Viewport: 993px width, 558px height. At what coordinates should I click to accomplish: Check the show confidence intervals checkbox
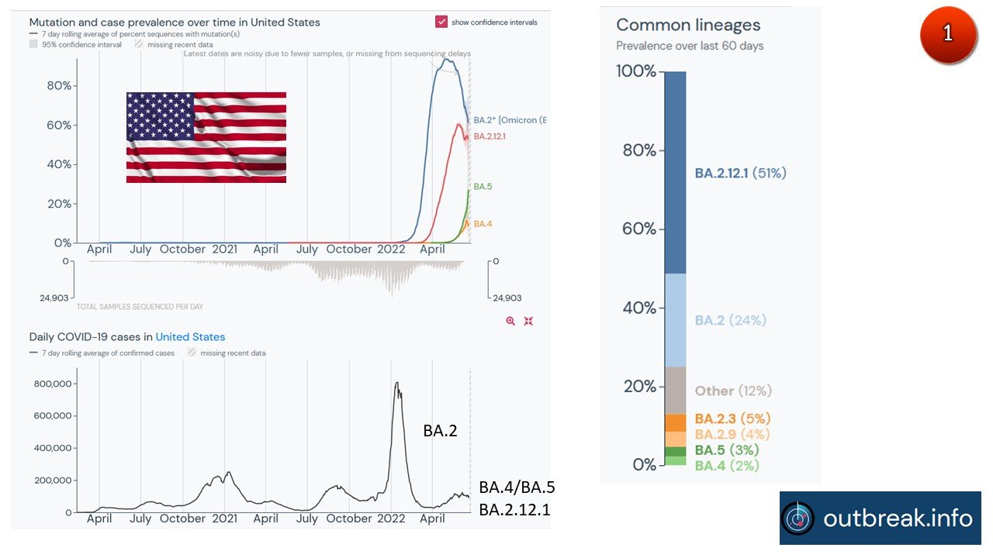pyautogui.click(x=441, y=22)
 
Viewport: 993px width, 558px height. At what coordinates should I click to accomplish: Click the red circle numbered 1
pyautogui.click(x=948, y=35)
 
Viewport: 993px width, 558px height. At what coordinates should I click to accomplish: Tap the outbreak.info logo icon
pyautogui.click(x=798, y=518)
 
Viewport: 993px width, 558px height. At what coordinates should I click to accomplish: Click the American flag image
pyautogui.click(x=206, y=137)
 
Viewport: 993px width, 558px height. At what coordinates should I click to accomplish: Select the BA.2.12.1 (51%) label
pyautogui.click(x=740, y=173)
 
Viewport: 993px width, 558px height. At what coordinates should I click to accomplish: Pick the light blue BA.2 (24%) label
pyautogui.click(x=730, y=320)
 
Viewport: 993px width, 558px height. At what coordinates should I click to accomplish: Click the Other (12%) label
pyautogui.click(x=733, y=391)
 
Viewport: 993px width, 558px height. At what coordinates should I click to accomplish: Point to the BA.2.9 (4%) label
pyautogui.click(x=732, y=434)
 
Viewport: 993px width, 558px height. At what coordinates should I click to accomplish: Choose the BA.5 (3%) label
pyautogui.click(x=726, y=450)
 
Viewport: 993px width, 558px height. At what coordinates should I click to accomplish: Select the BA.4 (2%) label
pyautogui.click(x=726, y=466)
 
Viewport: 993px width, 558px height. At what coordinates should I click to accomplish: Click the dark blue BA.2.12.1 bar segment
pyautogui.click(x=675, y=172)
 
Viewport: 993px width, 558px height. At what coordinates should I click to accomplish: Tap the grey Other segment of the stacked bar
pyautogui.click(x=675, y=391)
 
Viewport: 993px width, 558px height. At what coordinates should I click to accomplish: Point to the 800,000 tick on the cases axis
pyautogui.click(x=53, y=384)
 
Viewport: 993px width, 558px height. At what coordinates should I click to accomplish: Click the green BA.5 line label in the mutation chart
pyautogui.click(x=483, y=187)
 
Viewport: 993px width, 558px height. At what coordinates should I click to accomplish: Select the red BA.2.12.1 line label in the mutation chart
pyautogui.click(x=490, y=136)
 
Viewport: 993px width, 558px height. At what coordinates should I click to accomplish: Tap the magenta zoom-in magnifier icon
pyautogui.click(x=510, y=321)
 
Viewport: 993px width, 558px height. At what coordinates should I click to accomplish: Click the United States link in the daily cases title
pyautogui.click(x=190, y=337)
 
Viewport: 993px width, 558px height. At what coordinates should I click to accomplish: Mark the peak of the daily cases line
pyautogui.click(x=396, y=383)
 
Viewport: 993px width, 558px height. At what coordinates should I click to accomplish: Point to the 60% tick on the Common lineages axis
pyautogui.click(x=641, y=229)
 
